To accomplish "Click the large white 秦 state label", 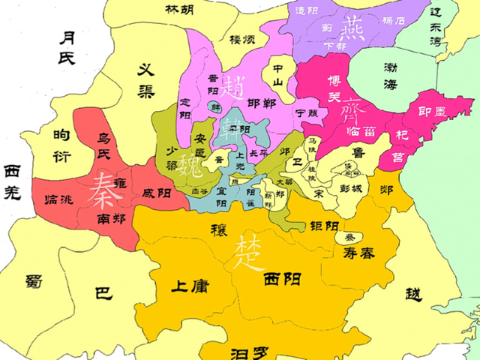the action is point(100,192).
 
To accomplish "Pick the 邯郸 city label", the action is point(262,104).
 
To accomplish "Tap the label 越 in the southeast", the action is point(414,293).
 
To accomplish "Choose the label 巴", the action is point(103,293).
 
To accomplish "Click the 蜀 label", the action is point(32,281).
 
